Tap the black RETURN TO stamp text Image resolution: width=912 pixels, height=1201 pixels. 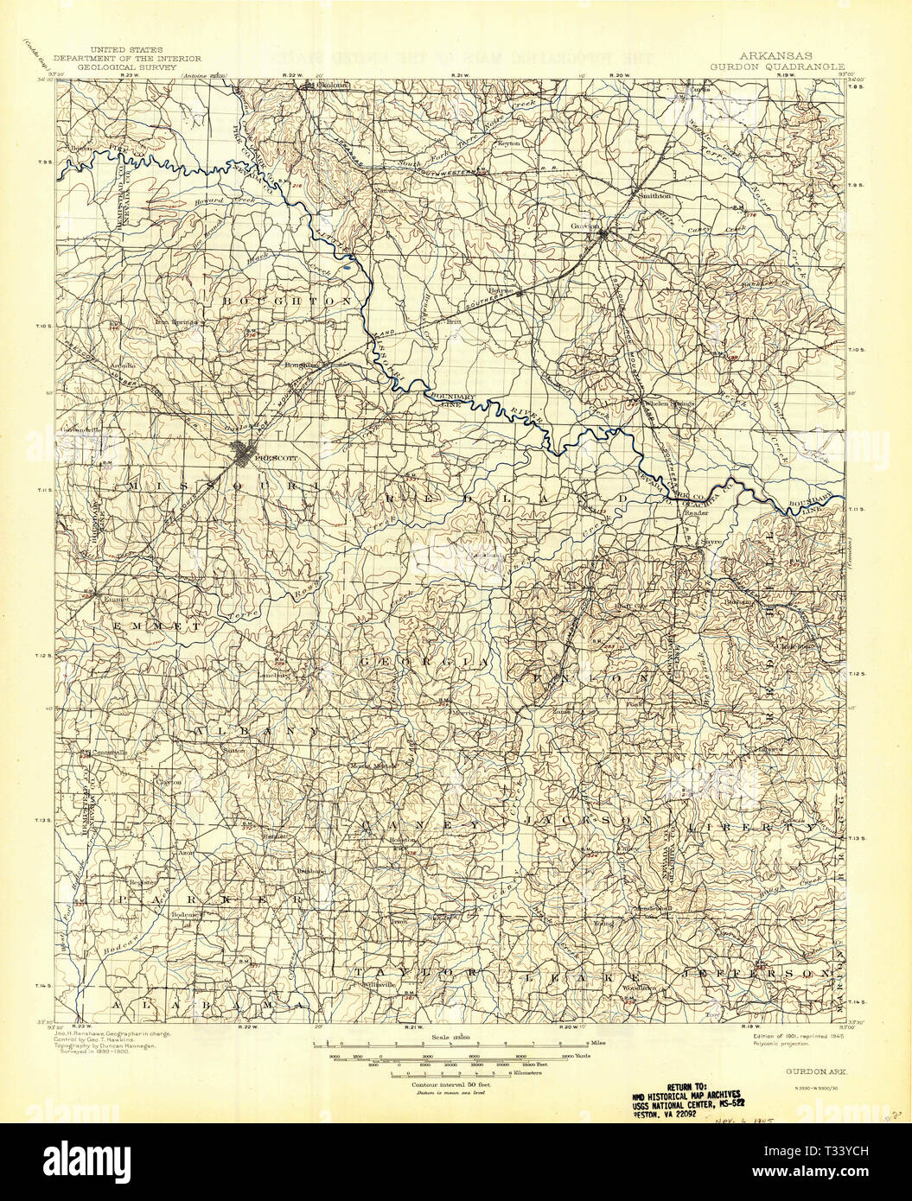[x=691, y=1087]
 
